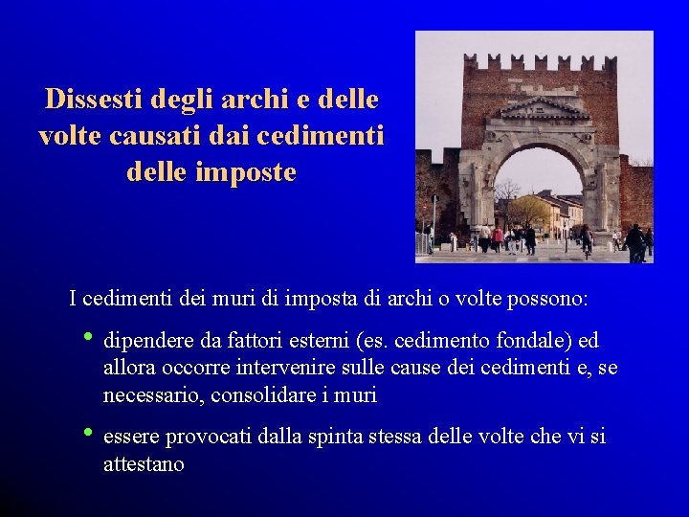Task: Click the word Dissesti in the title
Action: [89, 99]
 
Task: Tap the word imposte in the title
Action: [253, 173]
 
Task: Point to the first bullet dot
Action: [88, 337]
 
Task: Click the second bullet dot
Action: [88, 433]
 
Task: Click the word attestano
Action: [144, 464]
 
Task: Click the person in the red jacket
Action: [498, 236]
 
